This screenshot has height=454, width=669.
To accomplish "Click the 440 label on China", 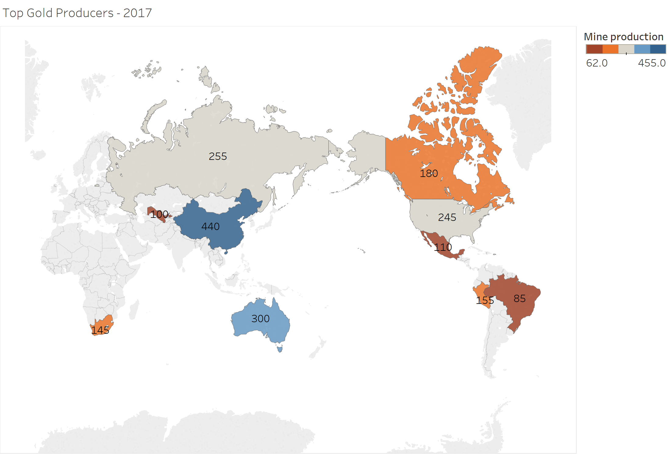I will click(x=210, y=226).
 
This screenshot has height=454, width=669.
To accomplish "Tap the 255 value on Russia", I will click(x=218, y=156).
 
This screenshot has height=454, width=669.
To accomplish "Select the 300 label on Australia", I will click(x=260, y=319).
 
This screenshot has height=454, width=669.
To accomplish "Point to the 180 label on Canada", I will click(x=429, y=173).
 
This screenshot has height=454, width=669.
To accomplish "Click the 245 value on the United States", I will click(x=447, y=217).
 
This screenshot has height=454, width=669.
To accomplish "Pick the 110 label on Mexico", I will click(x=443, y=247).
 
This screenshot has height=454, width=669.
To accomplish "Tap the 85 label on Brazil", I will click(x=520, y=298).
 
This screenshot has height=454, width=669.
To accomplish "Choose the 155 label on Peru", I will click(x=485, y=301).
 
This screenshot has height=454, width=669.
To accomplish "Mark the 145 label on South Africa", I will click(x=100, y=330).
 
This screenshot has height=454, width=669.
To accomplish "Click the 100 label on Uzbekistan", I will click(x=159, y=214).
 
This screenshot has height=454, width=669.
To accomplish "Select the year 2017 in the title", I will click(x=138, y=13).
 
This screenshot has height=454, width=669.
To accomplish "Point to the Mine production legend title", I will click(x=624, y=37).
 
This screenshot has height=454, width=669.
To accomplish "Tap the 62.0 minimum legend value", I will click(x=597, y=63).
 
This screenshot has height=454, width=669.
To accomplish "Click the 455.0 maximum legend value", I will click(x=652, y=63).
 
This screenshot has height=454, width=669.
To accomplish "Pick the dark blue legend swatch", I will click(x=658, y=49).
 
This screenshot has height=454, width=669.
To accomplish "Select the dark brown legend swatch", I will click(x=594, y=49).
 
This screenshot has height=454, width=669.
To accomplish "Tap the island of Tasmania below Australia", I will click(x=280, y=348).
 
